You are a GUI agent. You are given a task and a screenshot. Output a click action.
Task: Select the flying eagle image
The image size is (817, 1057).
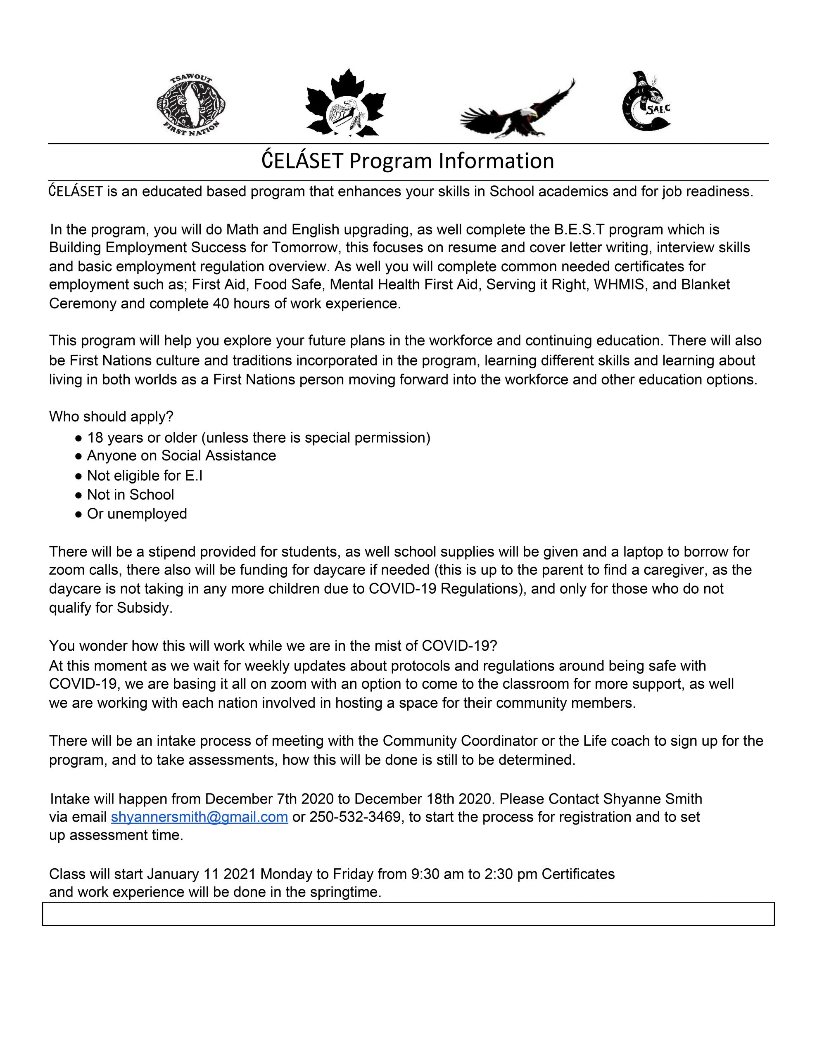(517, 110)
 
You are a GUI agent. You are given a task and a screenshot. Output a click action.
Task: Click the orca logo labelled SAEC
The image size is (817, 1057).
(646, 102)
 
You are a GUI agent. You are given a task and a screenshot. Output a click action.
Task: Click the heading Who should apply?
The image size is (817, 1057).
(111, 416)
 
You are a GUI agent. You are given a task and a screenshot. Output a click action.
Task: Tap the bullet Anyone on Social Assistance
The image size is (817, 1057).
(181, 456)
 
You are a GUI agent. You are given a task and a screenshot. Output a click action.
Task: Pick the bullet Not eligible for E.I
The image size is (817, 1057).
(144, 476)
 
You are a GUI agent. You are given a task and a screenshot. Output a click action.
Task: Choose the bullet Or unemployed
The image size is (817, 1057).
(137, 514)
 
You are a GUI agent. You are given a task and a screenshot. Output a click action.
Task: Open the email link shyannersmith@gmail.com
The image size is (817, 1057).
(199, 818)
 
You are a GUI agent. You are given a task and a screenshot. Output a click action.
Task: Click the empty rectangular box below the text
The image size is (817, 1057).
(408, 914)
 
